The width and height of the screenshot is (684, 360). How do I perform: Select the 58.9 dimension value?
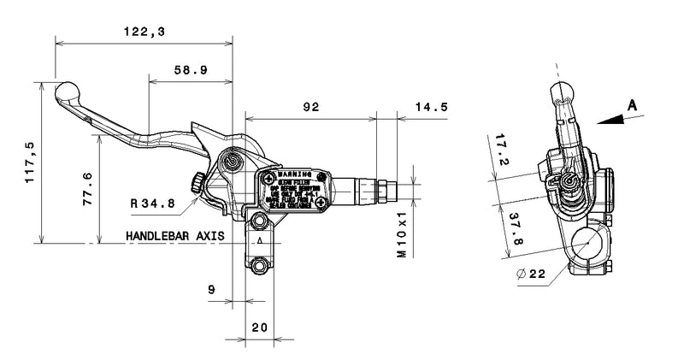pos(189,71)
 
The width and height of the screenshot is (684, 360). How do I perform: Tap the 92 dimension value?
pos(310,107)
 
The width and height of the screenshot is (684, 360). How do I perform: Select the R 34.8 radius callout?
pos(153,204)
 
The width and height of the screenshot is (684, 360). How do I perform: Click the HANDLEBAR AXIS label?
pos(174,235)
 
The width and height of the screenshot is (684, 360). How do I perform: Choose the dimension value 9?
pos(211,290)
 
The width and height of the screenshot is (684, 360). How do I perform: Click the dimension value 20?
pos(259,328)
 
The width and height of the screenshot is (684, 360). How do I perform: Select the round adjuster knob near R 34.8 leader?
pos(197,182)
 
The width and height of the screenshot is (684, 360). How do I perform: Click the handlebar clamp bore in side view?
pos(588,244)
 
